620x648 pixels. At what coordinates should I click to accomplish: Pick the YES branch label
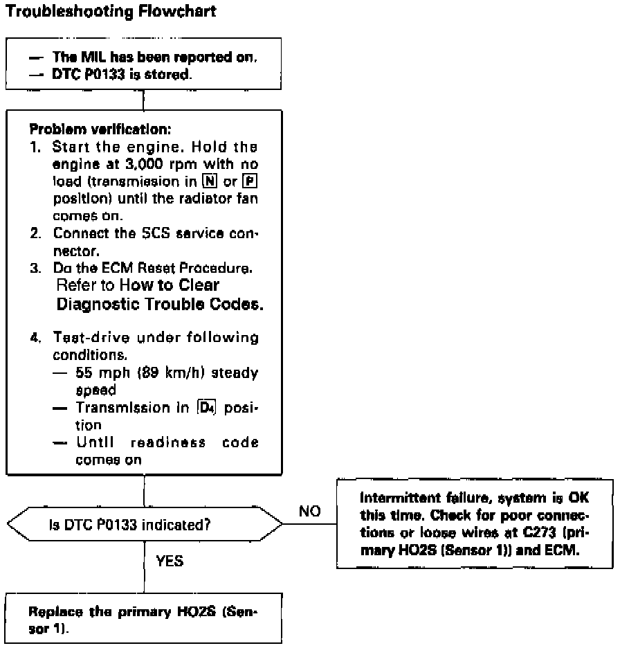pos(169,562)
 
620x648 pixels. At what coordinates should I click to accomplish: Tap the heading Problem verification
pos(91,129)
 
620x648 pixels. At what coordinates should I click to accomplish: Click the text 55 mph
pos(100,373)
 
